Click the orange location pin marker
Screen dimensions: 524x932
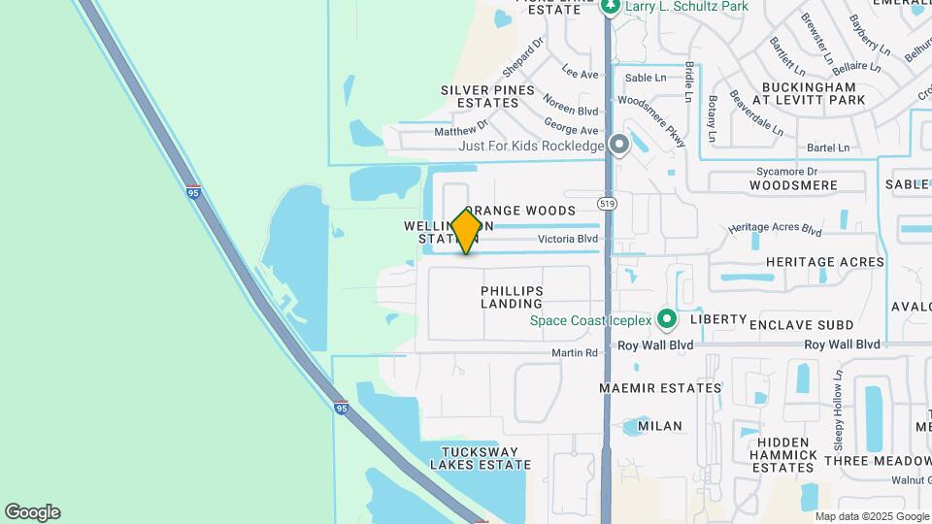coord(466,232)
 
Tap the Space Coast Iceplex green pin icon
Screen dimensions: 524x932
coord(666,319)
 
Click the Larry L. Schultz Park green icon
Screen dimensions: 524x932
coord(611,7)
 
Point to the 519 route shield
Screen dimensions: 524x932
coord(608,202)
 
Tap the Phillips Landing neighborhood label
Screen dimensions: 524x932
coord(511,297)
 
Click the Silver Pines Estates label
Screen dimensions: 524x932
coord(487,96)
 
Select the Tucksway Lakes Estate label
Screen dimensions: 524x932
coord(486,458)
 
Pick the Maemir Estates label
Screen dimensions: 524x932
coord(660,388)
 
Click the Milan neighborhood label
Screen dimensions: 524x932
coord(660,426)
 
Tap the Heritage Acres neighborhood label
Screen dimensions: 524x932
coord(825,262)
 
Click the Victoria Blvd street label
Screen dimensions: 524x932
coord(567,239)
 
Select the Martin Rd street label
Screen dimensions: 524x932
coord(575,352)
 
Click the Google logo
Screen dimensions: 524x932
coord(32,512)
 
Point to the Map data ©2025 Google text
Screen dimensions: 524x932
coord(871,516)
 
